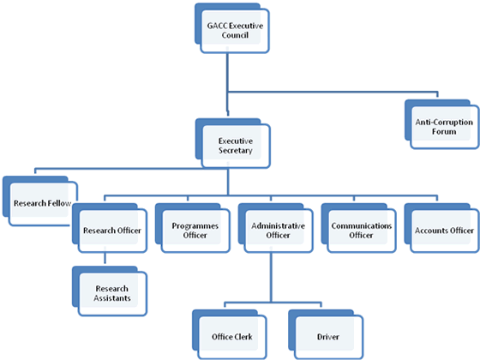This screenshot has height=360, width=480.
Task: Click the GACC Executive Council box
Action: pos(232,28)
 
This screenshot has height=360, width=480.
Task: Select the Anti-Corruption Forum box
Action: pos(441,124)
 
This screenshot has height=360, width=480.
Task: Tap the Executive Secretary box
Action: pos(232,143)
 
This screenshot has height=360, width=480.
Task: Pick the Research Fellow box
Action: pos(40,201)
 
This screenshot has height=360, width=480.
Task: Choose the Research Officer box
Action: pos(110,228)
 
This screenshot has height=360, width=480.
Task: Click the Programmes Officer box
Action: pos(193,228)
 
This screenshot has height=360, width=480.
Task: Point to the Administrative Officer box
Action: pos(275,228)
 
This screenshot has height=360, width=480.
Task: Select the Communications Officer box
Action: pos(358,228)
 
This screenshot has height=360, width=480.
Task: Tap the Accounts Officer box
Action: pos(441,228)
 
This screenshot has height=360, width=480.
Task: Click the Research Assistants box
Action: pos(110,291)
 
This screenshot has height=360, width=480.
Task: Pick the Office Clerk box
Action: pos(230,334)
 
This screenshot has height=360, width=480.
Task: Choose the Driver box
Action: pos(326,334)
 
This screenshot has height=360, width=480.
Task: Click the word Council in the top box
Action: pos(235,35)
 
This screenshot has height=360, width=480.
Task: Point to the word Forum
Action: pos(444,132)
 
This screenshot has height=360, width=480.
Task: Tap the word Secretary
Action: pos(236,151)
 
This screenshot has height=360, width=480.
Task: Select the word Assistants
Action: pos(112,298)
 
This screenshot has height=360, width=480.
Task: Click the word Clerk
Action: pos(242,337)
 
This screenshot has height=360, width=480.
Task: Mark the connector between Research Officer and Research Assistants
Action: pos(105,258)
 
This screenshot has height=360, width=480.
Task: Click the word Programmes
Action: pos(195,226)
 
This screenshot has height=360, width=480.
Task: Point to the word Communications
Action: pos(362,226)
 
